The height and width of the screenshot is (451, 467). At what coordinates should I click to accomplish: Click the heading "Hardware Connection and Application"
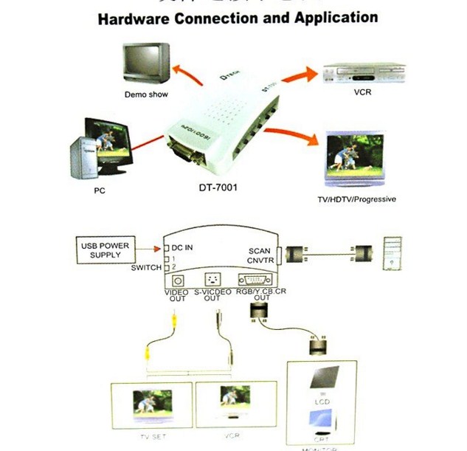tap(238, 18)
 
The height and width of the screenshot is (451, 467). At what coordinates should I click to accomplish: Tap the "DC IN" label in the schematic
tap(181, 247)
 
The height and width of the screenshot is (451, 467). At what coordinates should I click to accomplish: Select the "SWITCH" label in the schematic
tap(145, 267)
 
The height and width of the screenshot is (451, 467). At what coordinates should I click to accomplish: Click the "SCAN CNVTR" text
tap(261, 255)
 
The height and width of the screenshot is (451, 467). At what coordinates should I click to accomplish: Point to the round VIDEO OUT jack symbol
tap(177, 280)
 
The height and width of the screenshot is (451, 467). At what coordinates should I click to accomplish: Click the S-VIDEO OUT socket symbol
tap(213, 280)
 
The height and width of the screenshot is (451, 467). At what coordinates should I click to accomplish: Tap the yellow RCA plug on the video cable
tap(173, 320)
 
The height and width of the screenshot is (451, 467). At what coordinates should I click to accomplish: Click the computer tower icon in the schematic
tap(391, 252)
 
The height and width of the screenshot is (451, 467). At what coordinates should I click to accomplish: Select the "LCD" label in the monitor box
tap(320, 401)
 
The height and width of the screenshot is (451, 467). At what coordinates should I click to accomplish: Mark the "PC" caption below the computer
tap(100, 190)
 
